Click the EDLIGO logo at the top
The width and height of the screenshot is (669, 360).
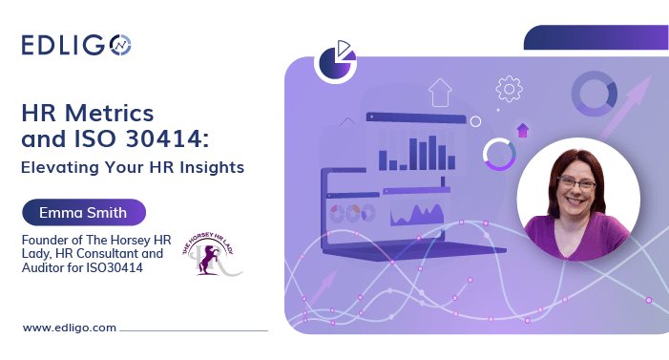pyautogui.click(x=75, y=44)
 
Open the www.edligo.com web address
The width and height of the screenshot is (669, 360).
pyautogui.click(x=69, y=328)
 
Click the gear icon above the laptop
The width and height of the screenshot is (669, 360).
pyautogui.click(x=509, y=89)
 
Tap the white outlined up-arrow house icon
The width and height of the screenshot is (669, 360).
pyautogui.click(x=440, y=93)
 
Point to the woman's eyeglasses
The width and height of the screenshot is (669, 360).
pyautogui.click(x=579, y=183)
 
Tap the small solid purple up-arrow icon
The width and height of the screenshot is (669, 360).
pyautogui.click(x=522, y=131)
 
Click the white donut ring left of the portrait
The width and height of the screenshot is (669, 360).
pyautogui.click(x=499, y=154)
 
